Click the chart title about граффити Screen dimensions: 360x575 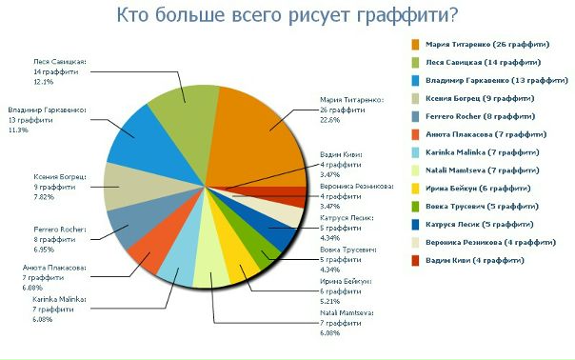tap(286, 15)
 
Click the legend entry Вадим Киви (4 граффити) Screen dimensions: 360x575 tap(475, 260)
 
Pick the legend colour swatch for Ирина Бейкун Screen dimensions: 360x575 tap(416, 189)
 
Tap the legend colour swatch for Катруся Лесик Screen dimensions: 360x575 tap(416, 225)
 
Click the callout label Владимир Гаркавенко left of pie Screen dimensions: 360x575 tap(47, 110)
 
